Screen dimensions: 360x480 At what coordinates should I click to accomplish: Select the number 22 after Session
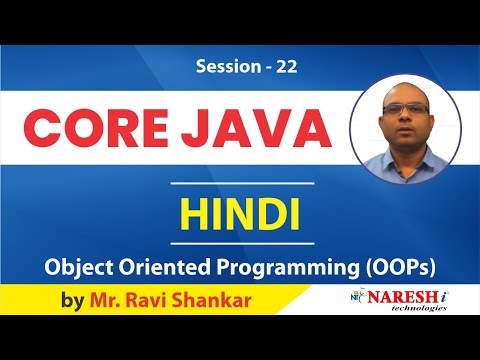[286, 68]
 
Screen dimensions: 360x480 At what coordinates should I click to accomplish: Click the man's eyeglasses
[407, 107]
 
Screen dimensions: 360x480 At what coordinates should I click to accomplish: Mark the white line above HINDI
[240, 186]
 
